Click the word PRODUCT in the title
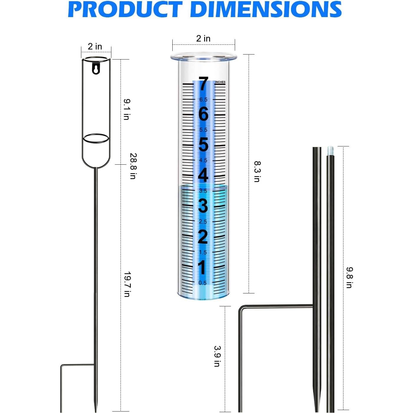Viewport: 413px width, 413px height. pos(125,9)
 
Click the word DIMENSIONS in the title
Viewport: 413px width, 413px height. pos(266,9)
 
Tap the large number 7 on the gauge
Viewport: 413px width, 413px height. pos(203,84)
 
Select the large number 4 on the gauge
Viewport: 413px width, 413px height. pos(203,175)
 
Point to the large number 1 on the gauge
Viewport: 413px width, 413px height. pos(202,267)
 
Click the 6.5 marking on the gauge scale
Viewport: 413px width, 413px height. pos(203,100)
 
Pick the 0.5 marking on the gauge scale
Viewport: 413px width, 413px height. pos(202,283)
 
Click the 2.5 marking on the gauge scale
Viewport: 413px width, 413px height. pos(203,222)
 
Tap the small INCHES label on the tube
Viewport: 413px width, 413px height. pos(220,82)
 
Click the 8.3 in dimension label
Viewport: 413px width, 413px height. pos(257,171)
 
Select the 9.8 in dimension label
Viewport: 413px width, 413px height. pos(349,277)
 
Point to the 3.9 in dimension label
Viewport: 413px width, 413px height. pos(217,356)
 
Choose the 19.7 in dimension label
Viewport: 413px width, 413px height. pos(127,284)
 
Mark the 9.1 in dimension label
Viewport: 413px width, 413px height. pos(126,109)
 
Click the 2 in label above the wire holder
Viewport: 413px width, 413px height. pos(95,47)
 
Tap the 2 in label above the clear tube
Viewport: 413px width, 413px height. pos(203,39)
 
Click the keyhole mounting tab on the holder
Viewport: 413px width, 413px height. pos(96,69)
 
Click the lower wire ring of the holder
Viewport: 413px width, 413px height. pos(96,138)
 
